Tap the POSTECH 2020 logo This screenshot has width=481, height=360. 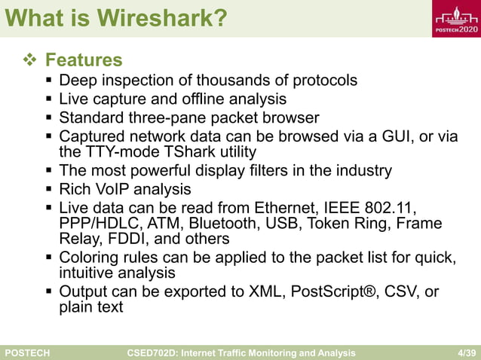coord(455,19)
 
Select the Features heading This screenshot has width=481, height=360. coord(84,59)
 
